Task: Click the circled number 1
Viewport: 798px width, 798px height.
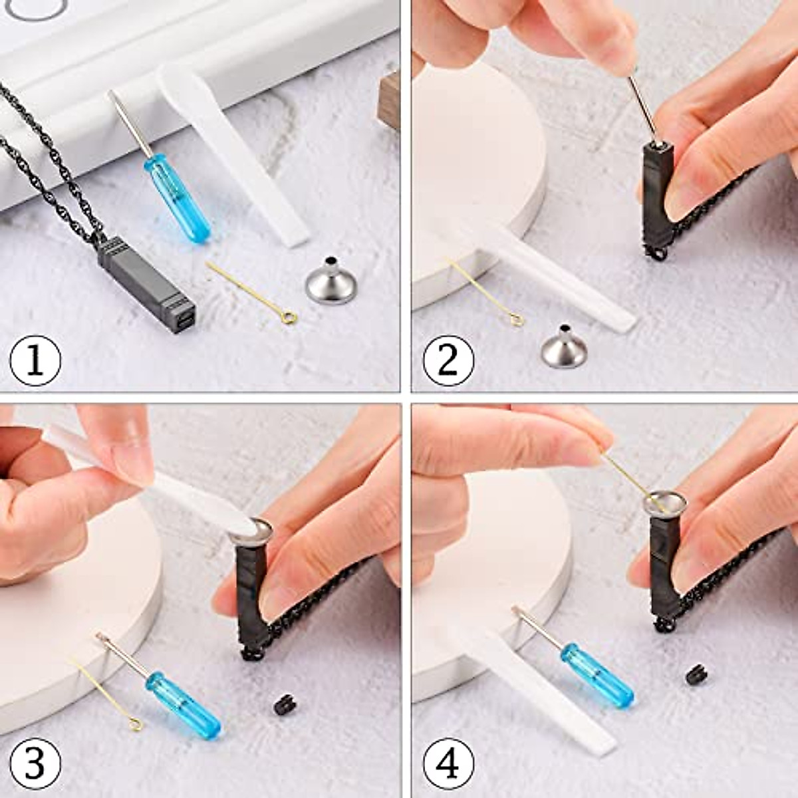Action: pos(35,360)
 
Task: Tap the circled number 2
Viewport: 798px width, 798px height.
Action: pos(448,360)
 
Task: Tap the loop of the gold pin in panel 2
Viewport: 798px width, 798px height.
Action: pos(517,321)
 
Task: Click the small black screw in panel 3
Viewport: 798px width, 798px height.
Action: pos(283,704)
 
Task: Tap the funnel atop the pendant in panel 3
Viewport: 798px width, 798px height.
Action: pos(251,530)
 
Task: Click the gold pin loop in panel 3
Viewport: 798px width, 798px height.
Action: pos(136,724)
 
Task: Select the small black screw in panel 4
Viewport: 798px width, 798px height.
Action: pos(696,674)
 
